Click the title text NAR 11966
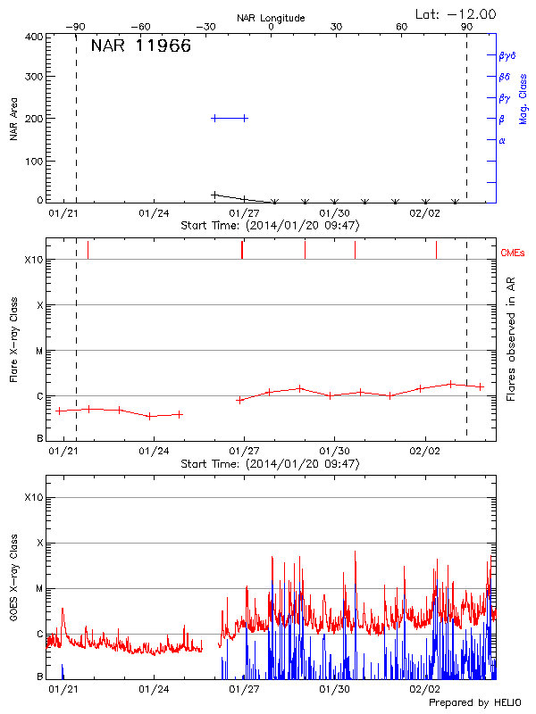(x=140, y=46)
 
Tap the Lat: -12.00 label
(x=456, y=13)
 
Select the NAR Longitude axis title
(x=271, y=17)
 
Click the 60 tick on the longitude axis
(x=402, y=27)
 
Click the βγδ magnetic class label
(x=507, y=55)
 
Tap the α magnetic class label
(x=501, y=140)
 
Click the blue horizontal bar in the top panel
(x=230, y=118)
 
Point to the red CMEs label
(x=514, y=253)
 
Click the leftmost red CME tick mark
(x=88, y=250)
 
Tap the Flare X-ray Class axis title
(x=13, y=337)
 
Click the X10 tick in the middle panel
(x=34, y=260)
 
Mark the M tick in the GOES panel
(x=38, y=588)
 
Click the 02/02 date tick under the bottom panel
(x=424, y=689)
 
